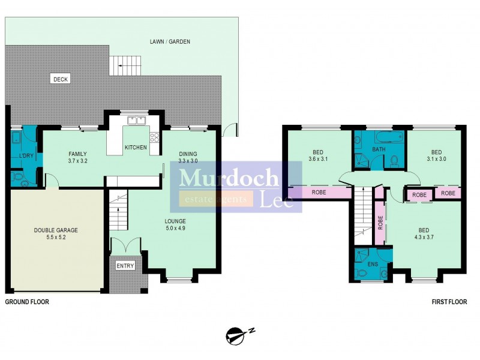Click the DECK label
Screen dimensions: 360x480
[x=60, y=79]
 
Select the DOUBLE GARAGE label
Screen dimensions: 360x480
[x=56, y=230]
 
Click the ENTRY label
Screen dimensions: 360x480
[x=125, y=266]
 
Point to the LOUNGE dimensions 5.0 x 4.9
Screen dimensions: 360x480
[x=176, y=229]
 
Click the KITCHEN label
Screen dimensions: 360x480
[x=135, y=147]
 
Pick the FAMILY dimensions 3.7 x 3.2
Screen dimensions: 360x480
[x=78, y=161]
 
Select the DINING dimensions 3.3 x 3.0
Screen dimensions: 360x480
[x=188, y=161]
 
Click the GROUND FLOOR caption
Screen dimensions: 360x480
[x=27, y=302]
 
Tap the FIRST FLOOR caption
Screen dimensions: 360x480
[x=449, y=302]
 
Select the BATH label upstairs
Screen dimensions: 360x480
[x=379, y=149]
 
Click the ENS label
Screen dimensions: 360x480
[x=373, y=263]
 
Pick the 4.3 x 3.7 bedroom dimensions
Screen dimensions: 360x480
[x=424, y=238]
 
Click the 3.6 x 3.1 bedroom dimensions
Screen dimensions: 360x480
[x=318, y=160]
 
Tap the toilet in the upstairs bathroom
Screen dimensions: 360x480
[x=394, y=160]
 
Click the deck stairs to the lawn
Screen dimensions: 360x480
[x=128, y=62]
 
